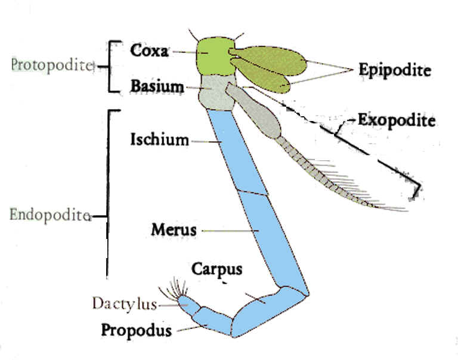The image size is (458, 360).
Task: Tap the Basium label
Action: (x=157, y=86)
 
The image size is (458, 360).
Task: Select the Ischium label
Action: (x=159, y=140)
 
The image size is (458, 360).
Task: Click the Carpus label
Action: (x=216, y=269)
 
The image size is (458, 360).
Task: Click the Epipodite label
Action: (x=394, y=70)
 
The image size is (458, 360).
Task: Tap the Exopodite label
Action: (x=396, y=120)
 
